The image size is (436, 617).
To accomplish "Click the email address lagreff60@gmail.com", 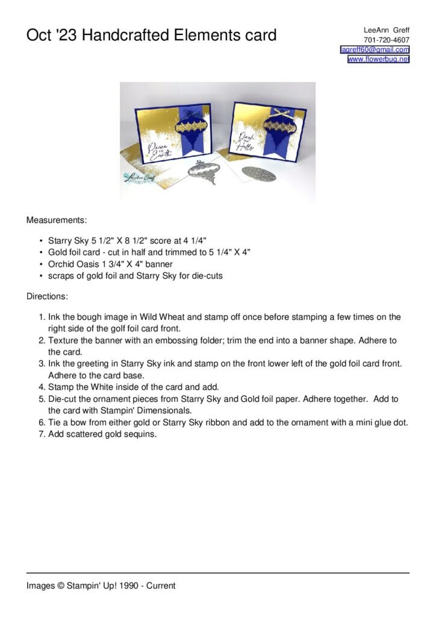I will (x=375, y=49).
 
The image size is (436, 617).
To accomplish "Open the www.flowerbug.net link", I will (x=378, y=59).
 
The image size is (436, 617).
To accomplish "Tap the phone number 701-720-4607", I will (x=387, y=40).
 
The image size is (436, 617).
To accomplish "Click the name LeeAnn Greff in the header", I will (x=387, y=30).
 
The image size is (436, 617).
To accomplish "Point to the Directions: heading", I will (x=47, y=296).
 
